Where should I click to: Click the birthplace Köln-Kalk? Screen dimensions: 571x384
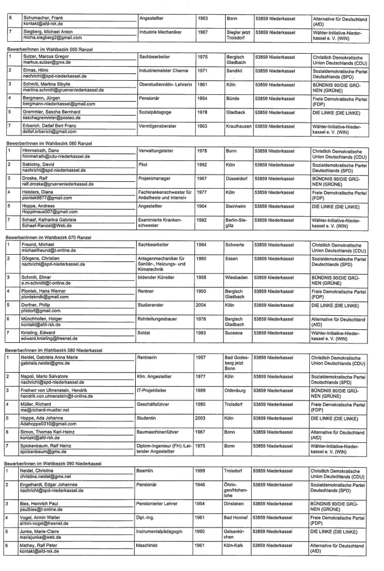pyautogui.click(x=236, y=546)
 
